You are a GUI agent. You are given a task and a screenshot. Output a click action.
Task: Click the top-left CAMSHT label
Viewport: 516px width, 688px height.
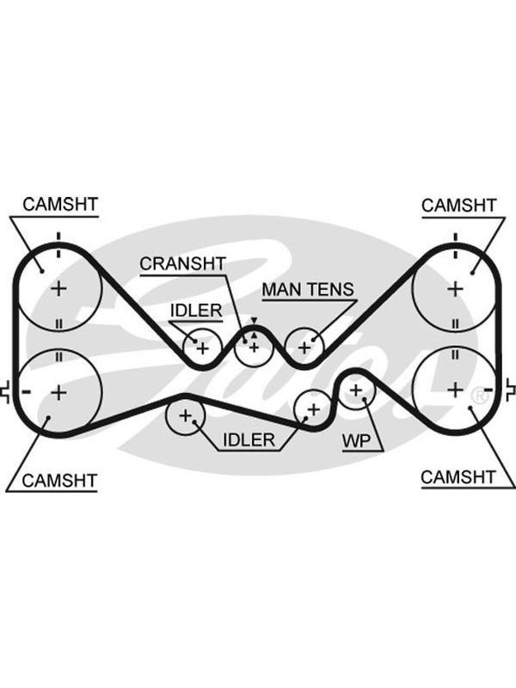[x=60, y=204]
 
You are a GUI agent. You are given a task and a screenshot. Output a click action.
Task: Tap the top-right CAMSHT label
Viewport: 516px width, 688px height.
[x=458, y=205]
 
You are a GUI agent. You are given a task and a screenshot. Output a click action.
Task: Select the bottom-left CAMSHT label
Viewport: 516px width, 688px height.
[x=58, y=481]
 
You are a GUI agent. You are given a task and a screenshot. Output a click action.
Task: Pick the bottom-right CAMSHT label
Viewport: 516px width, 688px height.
[x=458, y=477]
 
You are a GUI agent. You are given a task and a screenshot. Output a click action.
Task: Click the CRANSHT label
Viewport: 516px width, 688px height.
[x=182, y=263]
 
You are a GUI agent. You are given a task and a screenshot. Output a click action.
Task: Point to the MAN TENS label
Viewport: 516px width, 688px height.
[x=308, y=290]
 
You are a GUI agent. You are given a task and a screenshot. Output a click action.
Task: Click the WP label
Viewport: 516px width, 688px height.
[x=356, y=440]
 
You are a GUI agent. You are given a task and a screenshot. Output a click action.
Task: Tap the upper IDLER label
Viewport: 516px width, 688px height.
[x=196, y=310]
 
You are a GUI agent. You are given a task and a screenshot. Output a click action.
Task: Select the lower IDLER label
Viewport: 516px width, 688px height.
[x=249, y=439]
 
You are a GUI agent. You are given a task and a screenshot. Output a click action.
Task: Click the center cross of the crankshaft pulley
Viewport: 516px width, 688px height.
[x=254, y=347]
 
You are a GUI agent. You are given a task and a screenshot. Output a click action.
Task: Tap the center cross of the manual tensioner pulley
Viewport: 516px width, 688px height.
[x=304, y=348]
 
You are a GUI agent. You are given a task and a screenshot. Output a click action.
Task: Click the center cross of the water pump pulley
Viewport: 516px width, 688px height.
[x=356, y=390]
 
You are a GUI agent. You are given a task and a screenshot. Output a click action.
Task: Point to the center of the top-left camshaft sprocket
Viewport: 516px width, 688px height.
[x=58, y=289]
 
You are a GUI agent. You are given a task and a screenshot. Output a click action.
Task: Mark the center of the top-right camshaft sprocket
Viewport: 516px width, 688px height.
[x=456, y=289]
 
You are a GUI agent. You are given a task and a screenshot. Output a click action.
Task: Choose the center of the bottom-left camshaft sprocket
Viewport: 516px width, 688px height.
[x=58, y=392]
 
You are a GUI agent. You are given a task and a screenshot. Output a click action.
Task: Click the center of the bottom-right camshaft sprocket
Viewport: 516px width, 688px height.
[x=456, y=390]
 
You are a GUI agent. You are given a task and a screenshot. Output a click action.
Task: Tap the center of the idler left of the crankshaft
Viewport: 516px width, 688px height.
[x=202, y=348]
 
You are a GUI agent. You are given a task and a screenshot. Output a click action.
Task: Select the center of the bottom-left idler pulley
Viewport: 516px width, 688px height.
[x=185, y=415]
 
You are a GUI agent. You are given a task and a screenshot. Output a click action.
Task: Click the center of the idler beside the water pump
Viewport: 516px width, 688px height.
[x=313, y=410]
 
